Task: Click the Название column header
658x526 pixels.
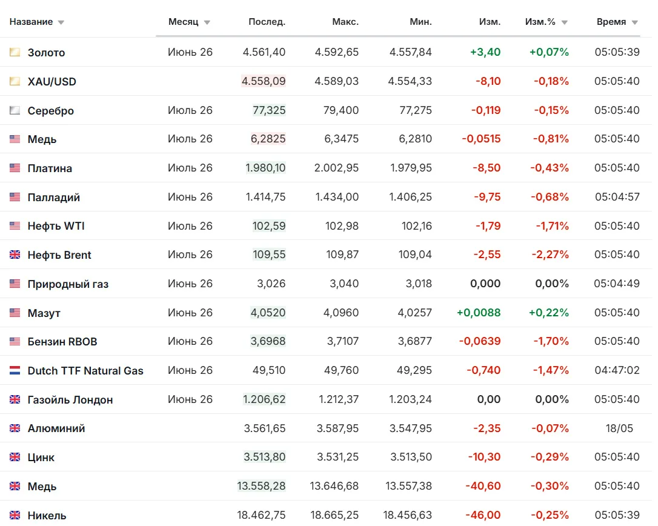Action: coord(31,22)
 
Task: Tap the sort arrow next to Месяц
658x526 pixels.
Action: coord(207,22)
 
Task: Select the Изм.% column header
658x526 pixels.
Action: coord(540,22)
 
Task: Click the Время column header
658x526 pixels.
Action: coord(611,22)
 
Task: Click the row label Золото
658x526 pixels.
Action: coord(46,53)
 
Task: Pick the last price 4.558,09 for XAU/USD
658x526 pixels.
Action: coord(264,81)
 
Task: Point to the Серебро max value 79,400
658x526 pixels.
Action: coord(341,110)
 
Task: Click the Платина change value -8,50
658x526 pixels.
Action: coord(487,168)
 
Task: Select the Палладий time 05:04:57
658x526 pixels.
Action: coord(617,197)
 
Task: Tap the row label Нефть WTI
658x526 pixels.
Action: coord(56,226)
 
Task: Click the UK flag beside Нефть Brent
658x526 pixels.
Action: coord(15,255)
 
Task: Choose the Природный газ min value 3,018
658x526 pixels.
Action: coord(419,284)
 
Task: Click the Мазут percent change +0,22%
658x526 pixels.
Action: coord(549,313)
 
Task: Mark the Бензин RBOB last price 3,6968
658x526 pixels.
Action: coord(268,341)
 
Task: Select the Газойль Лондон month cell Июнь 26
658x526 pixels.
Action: coord(190,399)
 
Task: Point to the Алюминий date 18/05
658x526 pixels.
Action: coord(619,428)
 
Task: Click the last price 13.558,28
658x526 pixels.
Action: coord(261,486)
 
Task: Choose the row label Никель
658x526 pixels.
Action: coord(47,516)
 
